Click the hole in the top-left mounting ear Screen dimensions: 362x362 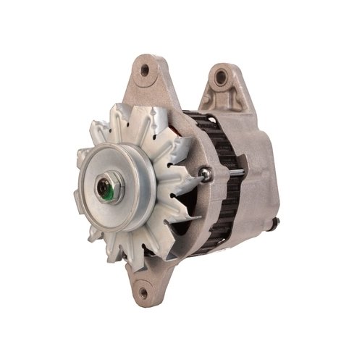click(x=145, y=70)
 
